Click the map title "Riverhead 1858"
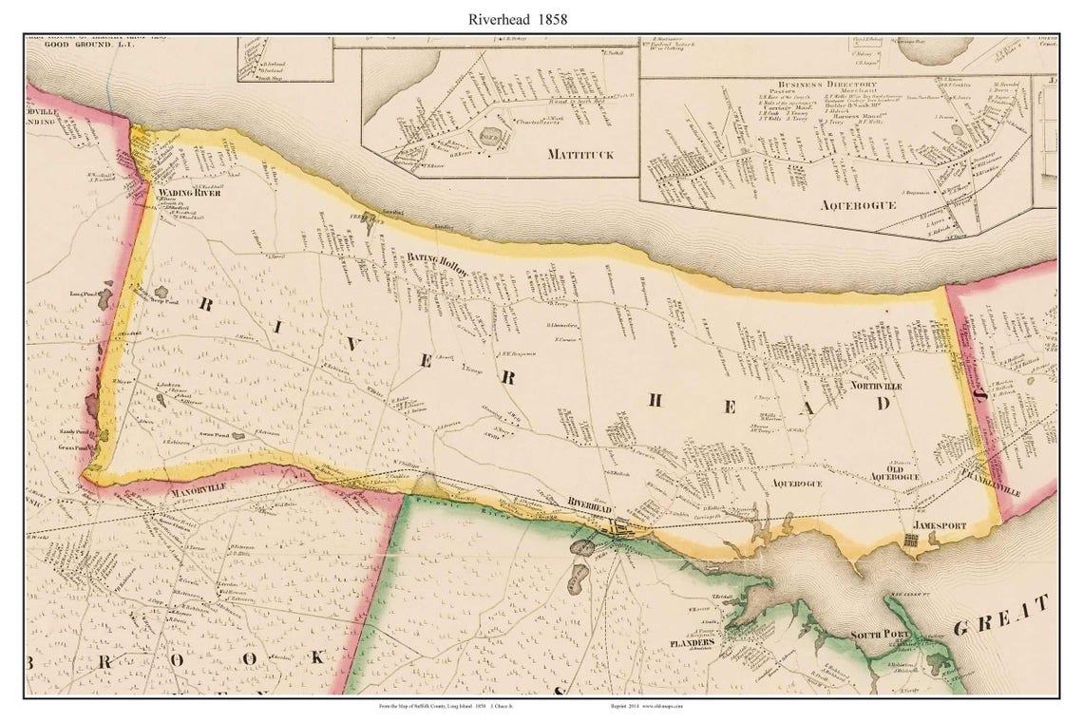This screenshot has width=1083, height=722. point(517,18)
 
